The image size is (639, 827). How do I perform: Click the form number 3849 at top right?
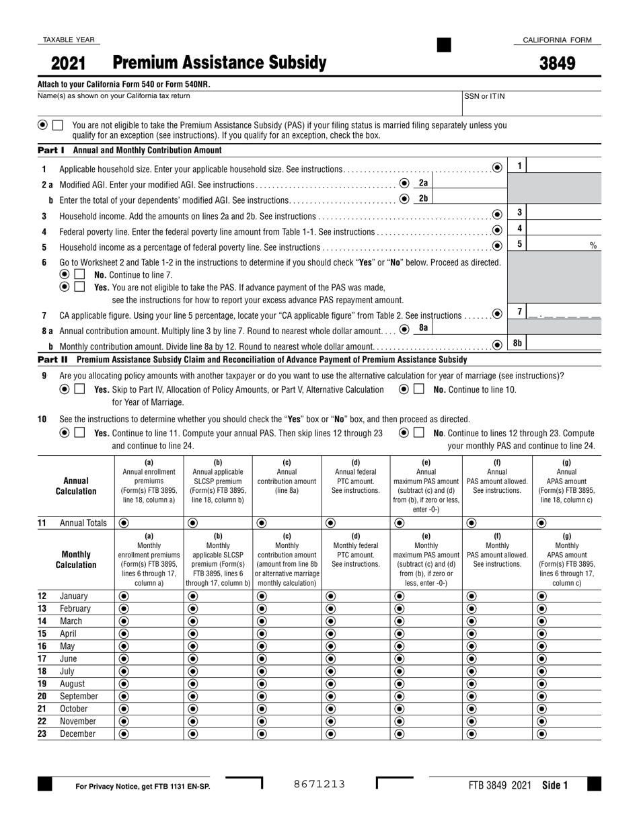point(557,64)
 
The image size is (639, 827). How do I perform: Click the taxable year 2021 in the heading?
point(69,64)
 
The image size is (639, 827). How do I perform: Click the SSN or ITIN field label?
point(484,96)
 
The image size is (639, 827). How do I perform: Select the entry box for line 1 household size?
point(565,167)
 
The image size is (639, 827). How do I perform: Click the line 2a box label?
point(423,183)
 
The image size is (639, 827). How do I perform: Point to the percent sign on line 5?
point(593,246)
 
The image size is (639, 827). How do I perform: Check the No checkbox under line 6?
point(79,275)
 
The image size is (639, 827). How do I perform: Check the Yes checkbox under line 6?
point(79,287)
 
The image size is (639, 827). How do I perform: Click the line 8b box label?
point(517,344)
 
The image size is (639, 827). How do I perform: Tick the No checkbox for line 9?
point(419,389)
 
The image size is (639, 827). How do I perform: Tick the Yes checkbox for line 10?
point(79,433)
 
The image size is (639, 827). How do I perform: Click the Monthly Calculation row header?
point(76,559)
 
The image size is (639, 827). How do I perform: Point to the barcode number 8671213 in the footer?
point(319,784)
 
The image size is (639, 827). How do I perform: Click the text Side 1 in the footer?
point(555,785)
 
